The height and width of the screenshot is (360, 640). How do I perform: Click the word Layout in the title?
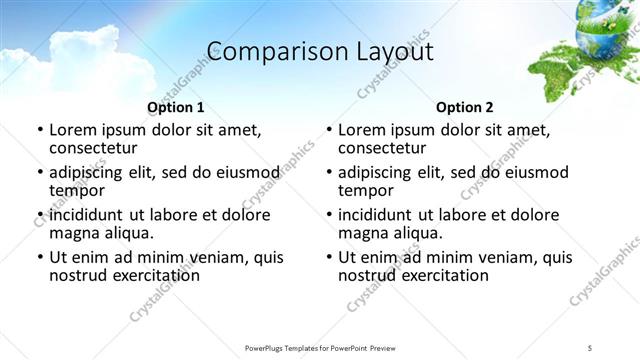click(389, 52)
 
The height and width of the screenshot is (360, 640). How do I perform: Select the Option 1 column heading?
click(176, 107)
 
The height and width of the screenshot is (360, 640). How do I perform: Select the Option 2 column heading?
click(465, 107)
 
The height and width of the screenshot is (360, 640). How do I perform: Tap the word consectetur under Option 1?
click(97, 149)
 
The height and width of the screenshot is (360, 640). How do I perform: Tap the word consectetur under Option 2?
click(386, 149)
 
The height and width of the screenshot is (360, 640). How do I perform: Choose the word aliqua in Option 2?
click(419, 234)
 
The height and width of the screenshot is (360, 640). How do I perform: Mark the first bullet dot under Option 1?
click(39, 130)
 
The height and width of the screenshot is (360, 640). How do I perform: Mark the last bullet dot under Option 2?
click(328, 257)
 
